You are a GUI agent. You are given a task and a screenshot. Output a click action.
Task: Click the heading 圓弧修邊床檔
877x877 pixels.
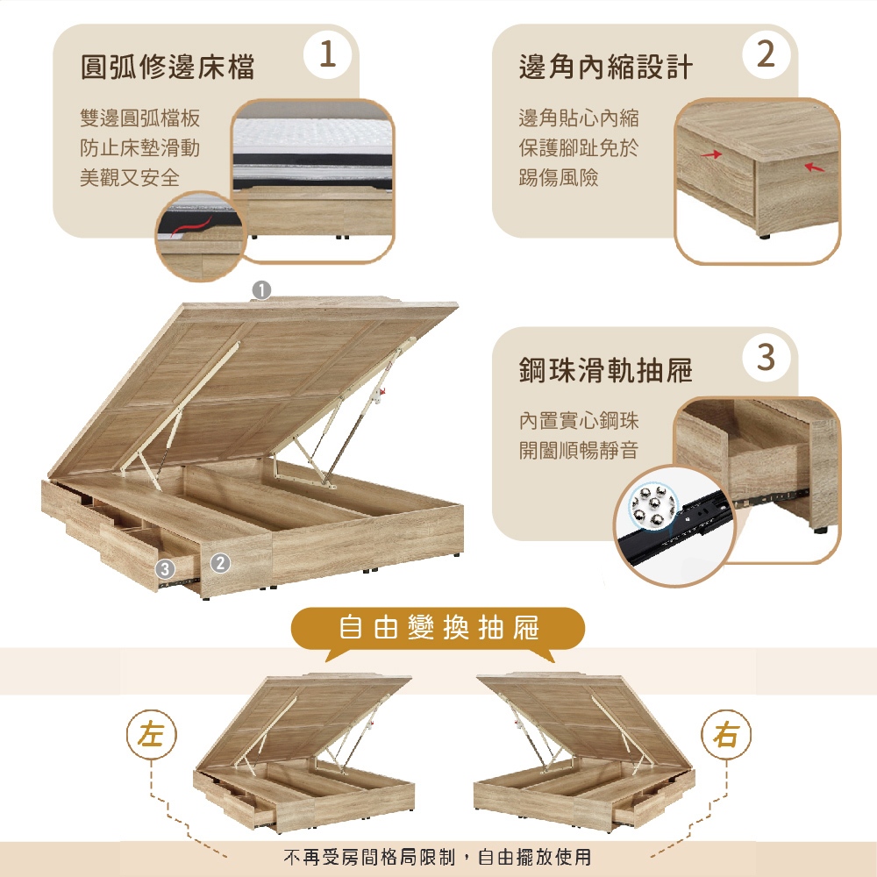tap(168, 68)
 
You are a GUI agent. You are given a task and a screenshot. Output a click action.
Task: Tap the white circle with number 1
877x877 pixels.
tap(328, 54)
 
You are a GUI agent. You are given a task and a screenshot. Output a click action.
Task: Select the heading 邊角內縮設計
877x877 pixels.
tap(606, 68)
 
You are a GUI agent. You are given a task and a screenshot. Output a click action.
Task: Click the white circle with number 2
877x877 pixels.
tap(766, 54)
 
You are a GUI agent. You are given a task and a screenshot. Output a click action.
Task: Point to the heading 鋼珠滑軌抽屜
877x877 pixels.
tap(606, 370)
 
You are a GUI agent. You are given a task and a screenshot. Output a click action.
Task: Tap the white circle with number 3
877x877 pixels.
tap(766, 358)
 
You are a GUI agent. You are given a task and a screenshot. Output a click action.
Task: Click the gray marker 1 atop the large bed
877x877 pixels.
tap(261, 290)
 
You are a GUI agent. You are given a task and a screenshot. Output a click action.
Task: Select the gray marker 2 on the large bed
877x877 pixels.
tap(220, 563)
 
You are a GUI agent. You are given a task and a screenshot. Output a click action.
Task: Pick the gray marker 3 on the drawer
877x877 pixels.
tap(165, 569)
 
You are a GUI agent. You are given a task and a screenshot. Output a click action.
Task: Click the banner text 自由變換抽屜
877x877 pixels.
tap(438, 627)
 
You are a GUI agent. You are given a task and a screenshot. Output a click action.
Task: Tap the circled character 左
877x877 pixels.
tap(152, 734)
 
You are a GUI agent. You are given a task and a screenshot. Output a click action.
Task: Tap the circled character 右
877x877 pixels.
tap(726, 734)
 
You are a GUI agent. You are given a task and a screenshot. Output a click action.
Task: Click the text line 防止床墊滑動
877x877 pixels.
tap(139, 148)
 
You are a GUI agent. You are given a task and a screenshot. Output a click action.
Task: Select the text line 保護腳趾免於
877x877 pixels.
tap(578, 148)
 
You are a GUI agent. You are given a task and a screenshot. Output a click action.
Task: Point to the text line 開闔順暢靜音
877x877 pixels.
tap(578, 450)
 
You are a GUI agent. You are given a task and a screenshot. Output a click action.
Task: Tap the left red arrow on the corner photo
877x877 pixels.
tap(711, 153)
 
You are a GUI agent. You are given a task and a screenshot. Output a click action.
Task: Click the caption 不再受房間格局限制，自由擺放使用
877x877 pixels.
tap(438, 856)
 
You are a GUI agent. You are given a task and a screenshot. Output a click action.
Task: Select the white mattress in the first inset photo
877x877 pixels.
tap(312, 138)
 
